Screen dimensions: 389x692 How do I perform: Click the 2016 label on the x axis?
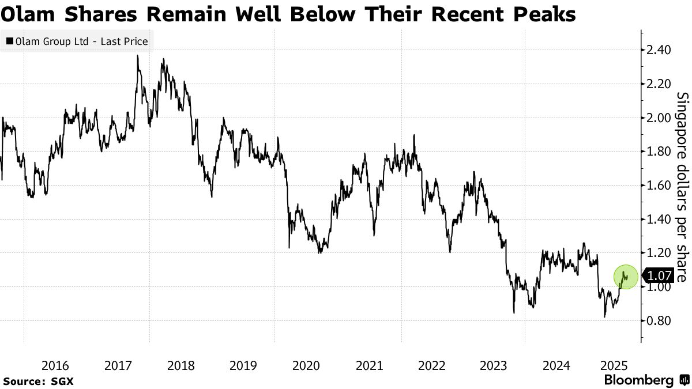(x=55, y=365)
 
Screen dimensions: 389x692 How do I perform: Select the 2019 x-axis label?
(x=243, y=365)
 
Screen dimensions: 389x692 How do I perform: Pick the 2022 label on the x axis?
(x=431, y=365)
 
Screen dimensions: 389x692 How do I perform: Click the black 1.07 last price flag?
(x=654, y=276)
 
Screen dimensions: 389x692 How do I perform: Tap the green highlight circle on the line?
(x=625, y=277)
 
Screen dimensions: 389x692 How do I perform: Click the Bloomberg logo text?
(x=638, y=380)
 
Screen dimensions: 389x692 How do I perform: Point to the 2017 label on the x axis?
(x=118, y=365)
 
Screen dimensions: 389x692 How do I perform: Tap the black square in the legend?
(x=10, y=41)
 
